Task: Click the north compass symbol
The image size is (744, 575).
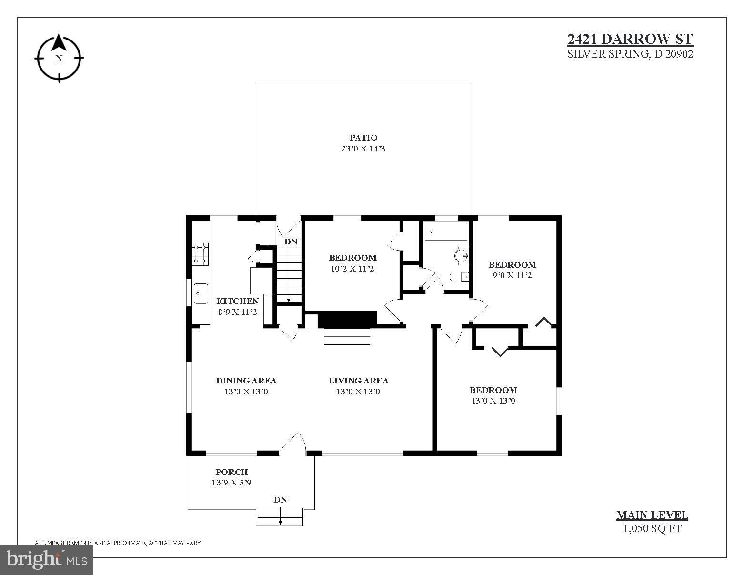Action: (x=59, y=58)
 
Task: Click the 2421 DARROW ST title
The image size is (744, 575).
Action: (x=630, y=39)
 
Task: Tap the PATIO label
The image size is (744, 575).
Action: (x=363, y=138)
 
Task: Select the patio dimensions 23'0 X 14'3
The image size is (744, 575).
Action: (x=363, y=149)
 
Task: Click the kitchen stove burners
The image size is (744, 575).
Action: (x=200, y=254)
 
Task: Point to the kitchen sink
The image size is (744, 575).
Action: (x=201, y=293)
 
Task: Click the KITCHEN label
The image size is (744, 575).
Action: (x=238, y=301)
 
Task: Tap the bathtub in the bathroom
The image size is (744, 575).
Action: (x=446, y=232)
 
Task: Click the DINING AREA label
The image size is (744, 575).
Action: (x=246, y=381)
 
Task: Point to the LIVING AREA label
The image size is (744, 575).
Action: (x=358, y=381)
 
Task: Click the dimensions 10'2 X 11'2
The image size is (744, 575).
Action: (x=352, y=269)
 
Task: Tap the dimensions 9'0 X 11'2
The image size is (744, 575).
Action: (x=512, y=275)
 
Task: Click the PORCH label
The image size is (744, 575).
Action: (x=231, y=472)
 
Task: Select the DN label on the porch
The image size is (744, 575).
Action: (x=280, y=500)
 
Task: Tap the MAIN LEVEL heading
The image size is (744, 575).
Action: (x=652, y=515)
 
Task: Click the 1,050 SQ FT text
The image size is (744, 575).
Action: (x=652, y=528)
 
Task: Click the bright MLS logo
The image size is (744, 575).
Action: (x=47, y=560)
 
